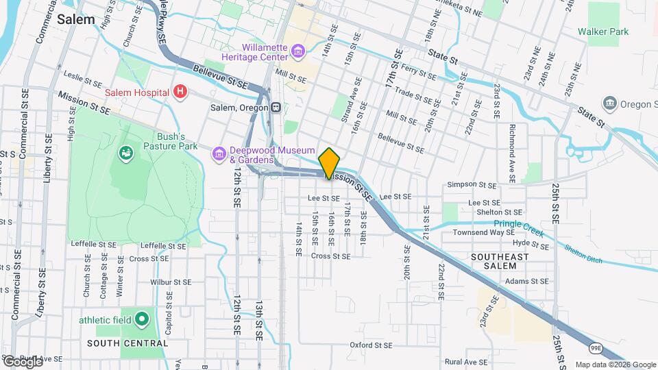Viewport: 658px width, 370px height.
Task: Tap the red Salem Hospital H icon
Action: point(180,92)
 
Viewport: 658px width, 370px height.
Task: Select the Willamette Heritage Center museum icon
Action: point(297,51)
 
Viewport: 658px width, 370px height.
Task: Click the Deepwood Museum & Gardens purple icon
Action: point(219,153)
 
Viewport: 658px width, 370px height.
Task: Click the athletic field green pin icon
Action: point(141,319)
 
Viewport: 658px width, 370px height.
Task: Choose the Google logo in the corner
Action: point(23,361)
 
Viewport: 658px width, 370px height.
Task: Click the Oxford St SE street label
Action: point(374,345)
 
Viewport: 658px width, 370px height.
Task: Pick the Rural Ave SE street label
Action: point(465,362)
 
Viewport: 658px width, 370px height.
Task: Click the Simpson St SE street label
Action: point(471,184)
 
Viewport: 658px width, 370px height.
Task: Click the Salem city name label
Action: point(75,19)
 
